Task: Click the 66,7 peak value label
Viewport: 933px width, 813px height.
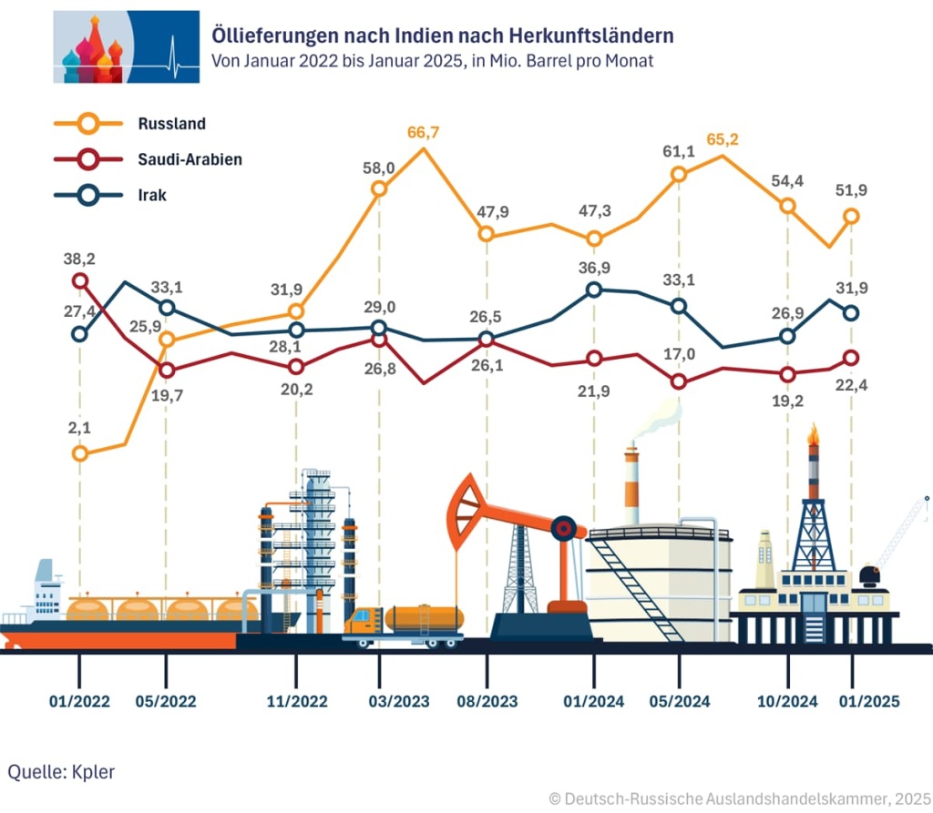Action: click(x=423, y=133)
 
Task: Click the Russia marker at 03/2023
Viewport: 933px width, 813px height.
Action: click(x=379, y=189)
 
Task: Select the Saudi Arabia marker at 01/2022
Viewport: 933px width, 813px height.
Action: click(x=80, y=280)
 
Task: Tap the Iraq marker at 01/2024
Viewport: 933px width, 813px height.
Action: click(x=594, y=290)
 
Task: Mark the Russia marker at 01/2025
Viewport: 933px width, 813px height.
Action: click(x=851, y=216)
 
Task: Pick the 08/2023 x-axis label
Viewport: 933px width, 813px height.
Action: click(x=487, y=701)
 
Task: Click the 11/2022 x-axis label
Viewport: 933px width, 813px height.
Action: click(x=296, y=701)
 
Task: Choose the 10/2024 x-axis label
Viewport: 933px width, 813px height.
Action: click(x=788, y=701)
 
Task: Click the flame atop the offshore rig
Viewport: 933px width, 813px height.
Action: click(x=813, y=435)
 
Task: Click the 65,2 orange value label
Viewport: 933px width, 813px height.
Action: click(x=723, y=141)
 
